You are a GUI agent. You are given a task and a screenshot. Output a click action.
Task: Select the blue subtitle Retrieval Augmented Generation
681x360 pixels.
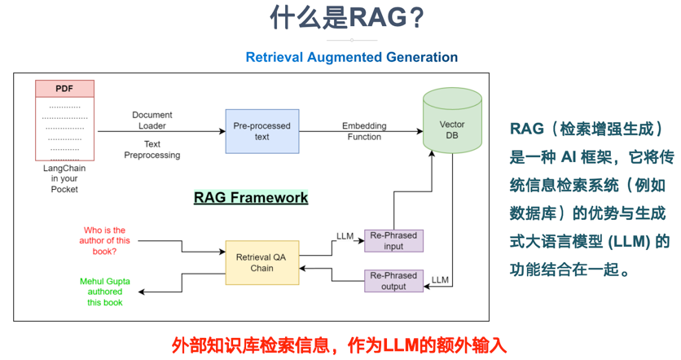tap(351, 57)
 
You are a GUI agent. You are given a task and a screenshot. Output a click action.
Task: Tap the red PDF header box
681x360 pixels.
tap(64, 88)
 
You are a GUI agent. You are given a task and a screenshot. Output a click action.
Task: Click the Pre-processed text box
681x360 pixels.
tap(261, 131)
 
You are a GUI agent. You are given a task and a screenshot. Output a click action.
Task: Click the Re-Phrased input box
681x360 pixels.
tap(393, 241)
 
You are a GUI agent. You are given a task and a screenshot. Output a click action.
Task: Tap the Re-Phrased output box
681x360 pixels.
tap(393, 280)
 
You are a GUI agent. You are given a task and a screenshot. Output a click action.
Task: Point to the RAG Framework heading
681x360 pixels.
tap(251, 197)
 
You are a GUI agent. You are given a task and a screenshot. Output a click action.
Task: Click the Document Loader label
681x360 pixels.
tap(152, 121)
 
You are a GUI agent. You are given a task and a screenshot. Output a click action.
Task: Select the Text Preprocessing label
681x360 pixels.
tap(152, 149)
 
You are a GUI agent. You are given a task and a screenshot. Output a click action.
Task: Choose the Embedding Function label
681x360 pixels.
tap(364, 131)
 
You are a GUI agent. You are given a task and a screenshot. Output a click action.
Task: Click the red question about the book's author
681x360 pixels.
tap(106, 241)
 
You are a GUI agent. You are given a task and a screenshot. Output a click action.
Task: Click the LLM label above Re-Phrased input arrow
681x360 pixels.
tap(345, 236)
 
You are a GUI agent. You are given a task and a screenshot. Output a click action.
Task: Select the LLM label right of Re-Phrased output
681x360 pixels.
tap(440, 279)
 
